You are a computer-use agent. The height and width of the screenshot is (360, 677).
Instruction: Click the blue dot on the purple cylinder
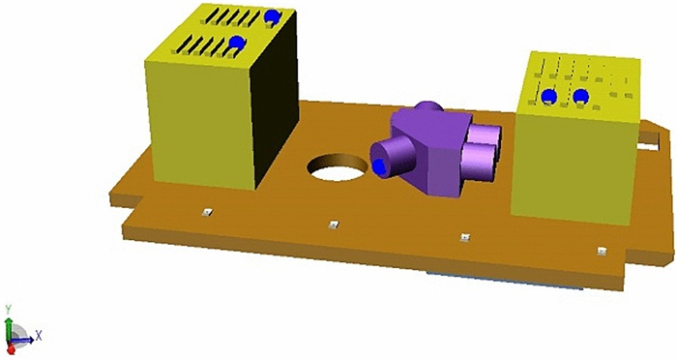[379, 165]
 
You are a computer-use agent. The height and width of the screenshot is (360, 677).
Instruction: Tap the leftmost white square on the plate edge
[207, 212]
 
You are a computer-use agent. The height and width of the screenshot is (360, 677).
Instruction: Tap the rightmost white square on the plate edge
[601, 251]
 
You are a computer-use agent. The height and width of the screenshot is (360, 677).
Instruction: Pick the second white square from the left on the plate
[333, 225]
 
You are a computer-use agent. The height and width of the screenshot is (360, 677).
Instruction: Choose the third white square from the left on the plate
[464, 237]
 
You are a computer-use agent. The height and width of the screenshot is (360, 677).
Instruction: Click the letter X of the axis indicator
[39, 336]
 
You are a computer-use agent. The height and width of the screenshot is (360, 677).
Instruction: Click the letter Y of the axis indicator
[8, 309]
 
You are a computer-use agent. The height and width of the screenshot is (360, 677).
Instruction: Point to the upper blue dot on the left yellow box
[272, 17]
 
